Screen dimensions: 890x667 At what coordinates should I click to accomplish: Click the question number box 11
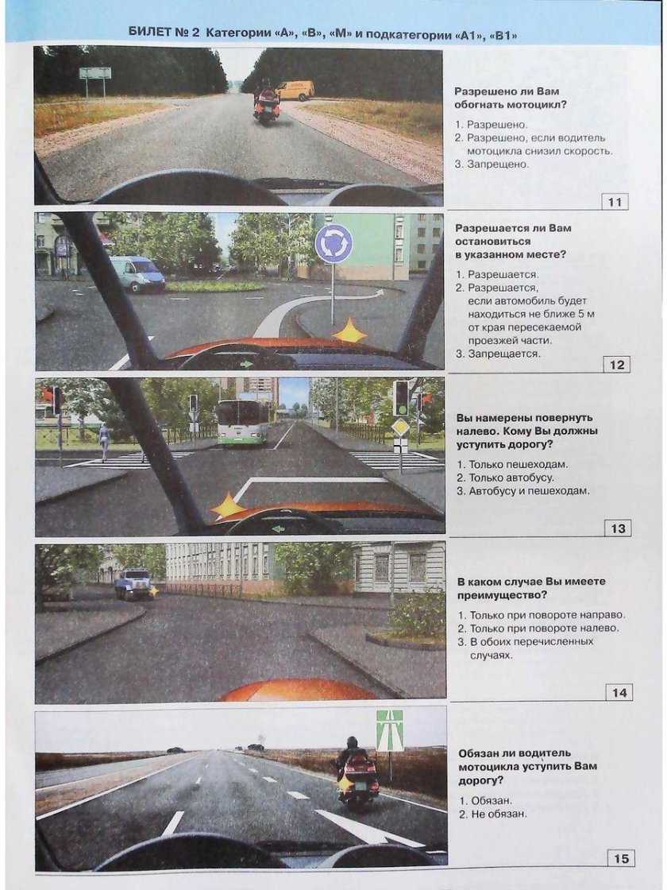click(x=615, y=202)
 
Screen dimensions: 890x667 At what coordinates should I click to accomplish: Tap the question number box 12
click(x=616, y=365)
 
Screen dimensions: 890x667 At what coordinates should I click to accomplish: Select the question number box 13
click(x=617, y=528)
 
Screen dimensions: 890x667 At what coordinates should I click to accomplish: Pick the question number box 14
click(x=619, y=692)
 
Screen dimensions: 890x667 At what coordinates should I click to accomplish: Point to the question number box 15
click(x=621, y=858)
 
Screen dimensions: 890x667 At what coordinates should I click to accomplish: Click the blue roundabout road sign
click(x=333, y=243)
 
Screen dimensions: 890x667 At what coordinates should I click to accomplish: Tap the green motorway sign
click(x=389, y=729)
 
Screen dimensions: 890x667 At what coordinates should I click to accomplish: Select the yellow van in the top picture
click(x=295, y=90)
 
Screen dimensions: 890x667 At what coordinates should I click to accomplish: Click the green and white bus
click(x=243, y=422)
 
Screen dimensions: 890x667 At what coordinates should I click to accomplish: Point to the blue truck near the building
click(x=133, y=584)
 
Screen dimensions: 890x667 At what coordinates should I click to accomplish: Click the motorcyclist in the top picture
click(x=267, y=102)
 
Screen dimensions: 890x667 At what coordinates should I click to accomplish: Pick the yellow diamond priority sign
click(x=400, y=427)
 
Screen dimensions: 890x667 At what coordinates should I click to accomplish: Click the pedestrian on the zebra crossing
click(x=103, y=441)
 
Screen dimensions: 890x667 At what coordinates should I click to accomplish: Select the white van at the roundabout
click(x=137, y=273)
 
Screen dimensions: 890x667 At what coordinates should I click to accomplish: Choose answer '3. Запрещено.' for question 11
click(x=492, y=164)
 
